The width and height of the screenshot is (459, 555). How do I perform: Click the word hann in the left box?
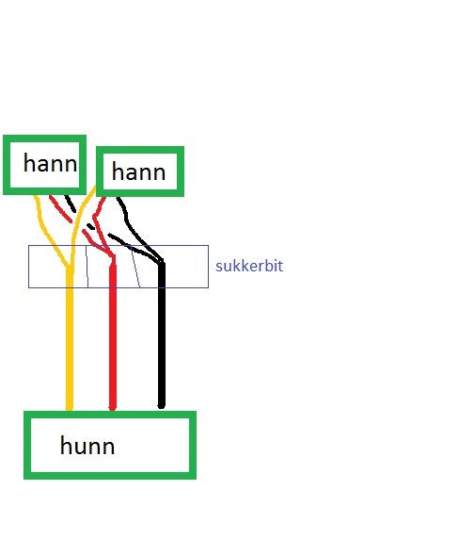(x=50, y=164)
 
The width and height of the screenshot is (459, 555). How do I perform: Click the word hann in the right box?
(x=138, y=171)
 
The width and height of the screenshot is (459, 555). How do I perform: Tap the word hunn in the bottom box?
(x=87, y=446)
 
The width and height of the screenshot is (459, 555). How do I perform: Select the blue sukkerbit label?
(x=249, y=266)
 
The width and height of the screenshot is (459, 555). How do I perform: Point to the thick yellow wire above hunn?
(x=70, y=338)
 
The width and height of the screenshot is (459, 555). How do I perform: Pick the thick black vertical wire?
(x=162, y=335)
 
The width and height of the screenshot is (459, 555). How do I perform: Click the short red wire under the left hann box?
(x=61, y=209)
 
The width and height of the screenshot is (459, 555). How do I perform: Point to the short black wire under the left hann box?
(x=70, y=204)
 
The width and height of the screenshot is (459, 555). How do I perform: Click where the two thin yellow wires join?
(x=70, y=266)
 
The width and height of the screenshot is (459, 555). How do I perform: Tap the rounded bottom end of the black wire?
(x=162, y=406)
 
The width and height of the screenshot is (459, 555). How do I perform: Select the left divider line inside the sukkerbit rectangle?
(x=87, y=266)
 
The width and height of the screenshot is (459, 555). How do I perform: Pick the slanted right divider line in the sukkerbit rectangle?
(x=135, y=266)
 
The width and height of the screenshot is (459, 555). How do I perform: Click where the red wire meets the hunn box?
(x=112, y=411)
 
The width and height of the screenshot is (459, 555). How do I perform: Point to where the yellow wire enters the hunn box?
(x=70, y=411)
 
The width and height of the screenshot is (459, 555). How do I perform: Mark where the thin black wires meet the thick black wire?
(x=162, y=262)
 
